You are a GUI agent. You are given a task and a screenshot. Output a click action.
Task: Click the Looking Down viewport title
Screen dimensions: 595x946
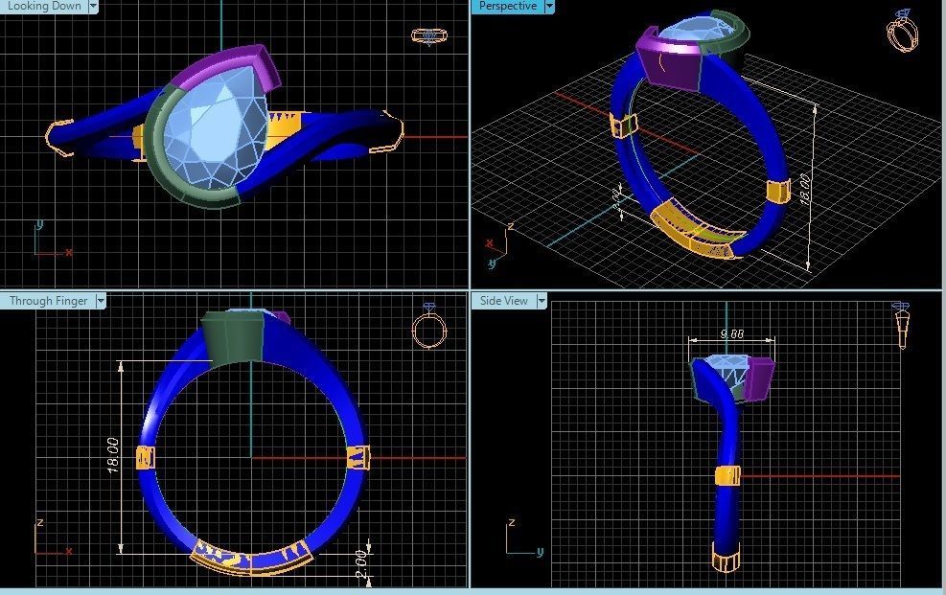point(44,6)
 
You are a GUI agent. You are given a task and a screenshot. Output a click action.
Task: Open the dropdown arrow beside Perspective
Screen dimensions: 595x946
point(549,7)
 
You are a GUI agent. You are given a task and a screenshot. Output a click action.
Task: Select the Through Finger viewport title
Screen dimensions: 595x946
point(48,301)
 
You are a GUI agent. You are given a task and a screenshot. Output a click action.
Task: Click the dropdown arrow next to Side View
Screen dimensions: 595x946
point(541,301)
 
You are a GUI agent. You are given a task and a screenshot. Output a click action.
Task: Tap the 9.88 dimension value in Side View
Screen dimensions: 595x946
point(731,334)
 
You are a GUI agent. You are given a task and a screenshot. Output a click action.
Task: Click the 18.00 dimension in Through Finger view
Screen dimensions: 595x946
point(112,455)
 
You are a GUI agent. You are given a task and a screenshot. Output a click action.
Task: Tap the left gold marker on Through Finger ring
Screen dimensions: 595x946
point(146,457)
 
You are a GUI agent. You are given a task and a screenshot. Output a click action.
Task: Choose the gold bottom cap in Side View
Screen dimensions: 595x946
point(727,555)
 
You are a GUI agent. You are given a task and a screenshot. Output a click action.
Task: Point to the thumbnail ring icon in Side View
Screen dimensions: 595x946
point(902,326)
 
